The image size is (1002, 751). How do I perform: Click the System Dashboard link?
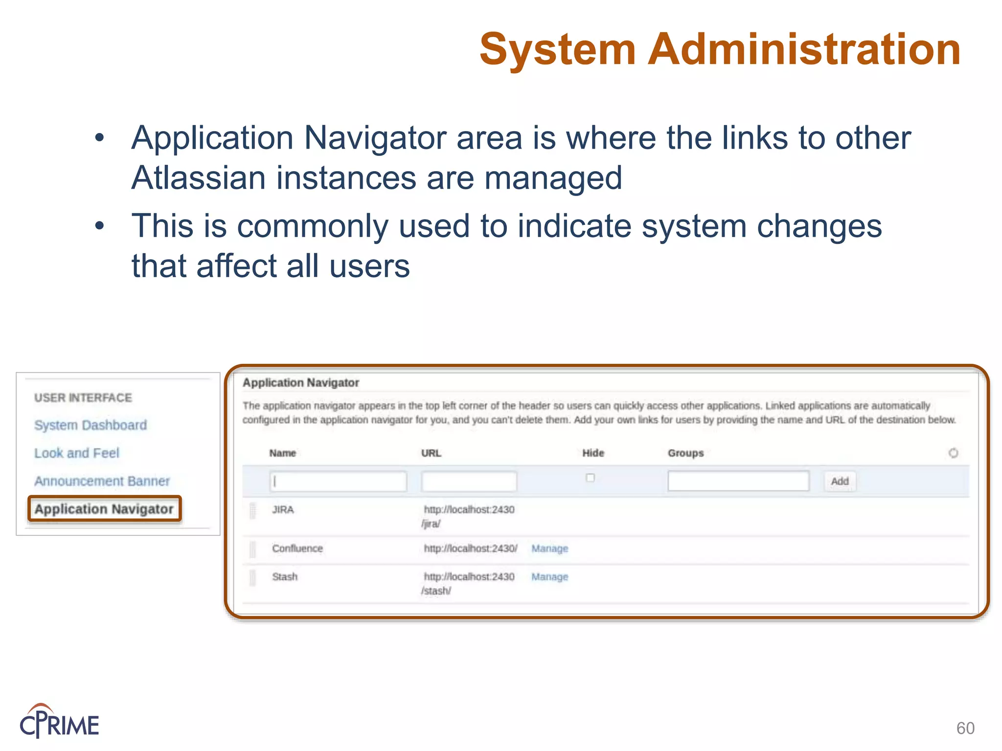click(x=91, y=425)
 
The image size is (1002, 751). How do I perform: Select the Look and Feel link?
click(x=77, y=453)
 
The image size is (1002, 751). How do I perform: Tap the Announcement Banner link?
click(x=102, y=481)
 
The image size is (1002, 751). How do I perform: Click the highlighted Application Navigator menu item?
click(x=104, y=509)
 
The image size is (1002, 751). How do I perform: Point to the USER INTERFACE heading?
click(x=83, y=398)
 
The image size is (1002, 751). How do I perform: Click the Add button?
click(x=840, y=481)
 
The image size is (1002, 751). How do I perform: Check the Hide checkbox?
click(x=590, y=478)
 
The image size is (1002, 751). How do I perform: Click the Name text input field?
click(x=338, y=481)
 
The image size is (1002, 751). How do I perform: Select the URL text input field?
click(x=469, y=481)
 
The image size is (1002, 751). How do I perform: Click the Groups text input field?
click(x=738, y=481)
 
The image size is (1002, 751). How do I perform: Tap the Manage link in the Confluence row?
click(x=550, y=549)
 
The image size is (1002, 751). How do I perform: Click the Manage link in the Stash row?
click(x=550, y=577)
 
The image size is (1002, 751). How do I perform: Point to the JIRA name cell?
click(x=283, y=509)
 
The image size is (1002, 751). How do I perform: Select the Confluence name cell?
click(x=297, y=549)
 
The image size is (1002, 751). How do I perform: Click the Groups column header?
click(x=685, y=453)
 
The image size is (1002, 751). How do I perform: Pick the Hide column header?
click(x=593, y=453)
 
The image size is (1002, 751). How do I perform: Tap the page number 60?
click(x=965, y=728)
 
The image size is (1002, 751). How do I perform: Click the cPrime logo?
click(x=59, y=722)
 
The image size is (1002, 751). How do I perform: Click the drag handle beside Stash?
click(x=252, y=577)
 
